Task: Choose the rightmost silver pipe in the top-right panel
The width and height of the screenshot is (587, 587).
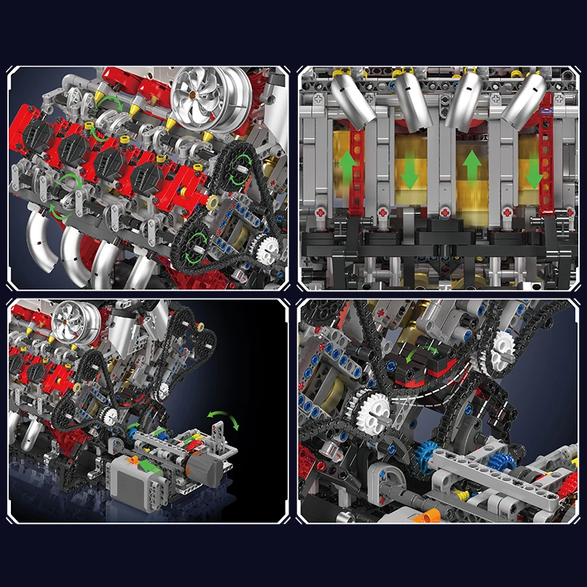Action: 527,98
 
